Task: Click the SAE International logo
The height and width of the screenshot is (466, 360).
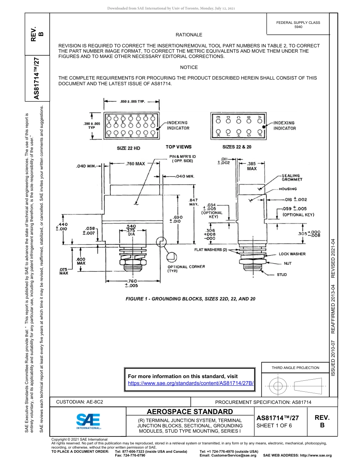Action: tap(88, 421)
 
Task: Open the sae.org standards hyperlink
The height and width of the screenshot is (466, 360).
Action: tap(191, 383)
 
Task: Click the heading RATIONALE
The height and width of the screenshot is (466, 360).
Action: tap(189, 35)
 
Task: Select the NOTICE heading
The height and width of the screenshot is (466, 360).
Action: tap(189, 67)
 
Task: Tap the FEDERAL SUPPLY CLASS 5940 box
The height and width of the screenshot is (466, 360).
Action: tap(298, 25)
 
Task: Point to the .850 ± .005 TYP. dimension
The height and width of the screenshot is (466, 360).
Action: tap(132, 102)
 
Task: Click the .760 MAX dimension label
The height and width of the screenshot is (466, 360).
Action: tap(135, 164)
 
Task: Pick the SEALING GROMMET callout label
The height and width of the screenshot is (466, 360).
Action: tap(291, 177)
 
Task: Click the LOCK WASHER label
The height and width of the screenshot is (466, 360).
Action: tap(292, 254)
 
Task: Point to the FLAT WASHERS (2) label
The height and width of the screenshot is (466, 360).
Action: tap(211, 250)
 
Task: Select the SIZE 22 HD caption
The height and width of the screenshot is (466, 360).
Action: tap(128, 148)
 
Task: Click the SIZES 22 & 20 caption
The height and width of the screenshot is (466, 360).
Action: tap(237, 147)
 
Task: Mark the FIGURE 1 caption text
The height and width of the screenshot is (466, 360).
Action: tap(190, 299)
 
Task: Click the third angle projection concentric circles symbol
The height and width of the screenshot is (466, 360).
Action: tap(278, 386)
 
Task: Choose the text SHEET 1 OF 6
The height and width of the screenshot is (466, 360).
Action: tap(274, 425)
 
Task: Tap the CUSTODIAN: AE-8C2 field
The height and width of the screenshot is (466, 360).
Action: tap(80, 402)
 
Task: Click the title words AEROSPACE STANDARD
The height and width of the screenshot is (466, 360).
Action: tap(190, 412)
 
